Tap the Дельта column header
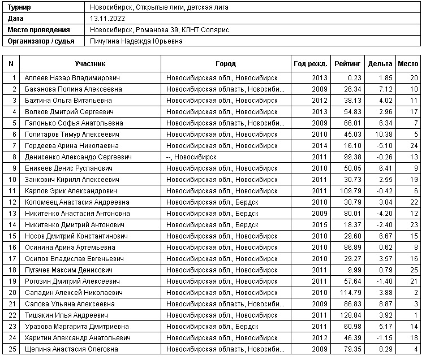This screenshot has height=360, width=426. click(x=380, y=64)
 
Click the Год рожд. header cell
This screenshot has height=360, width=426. click(x=311, y=64)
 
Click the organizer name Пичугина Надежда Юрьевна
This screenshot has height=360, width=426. click(x=136, y=41)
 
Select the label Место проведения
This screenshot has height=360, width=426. click(x=39, y=30)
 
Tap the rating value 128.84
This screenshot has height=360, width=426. click(x=351, y=315)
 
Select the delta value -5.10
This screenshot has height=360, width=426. click(x=385, y=145)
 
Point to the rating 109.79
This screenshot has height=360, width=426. click(x=351, y=190)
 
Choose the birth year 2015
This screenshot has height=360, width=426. click(x=320, y=224)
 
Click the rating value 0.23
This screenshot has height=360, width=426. click(x=355, y=77)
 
